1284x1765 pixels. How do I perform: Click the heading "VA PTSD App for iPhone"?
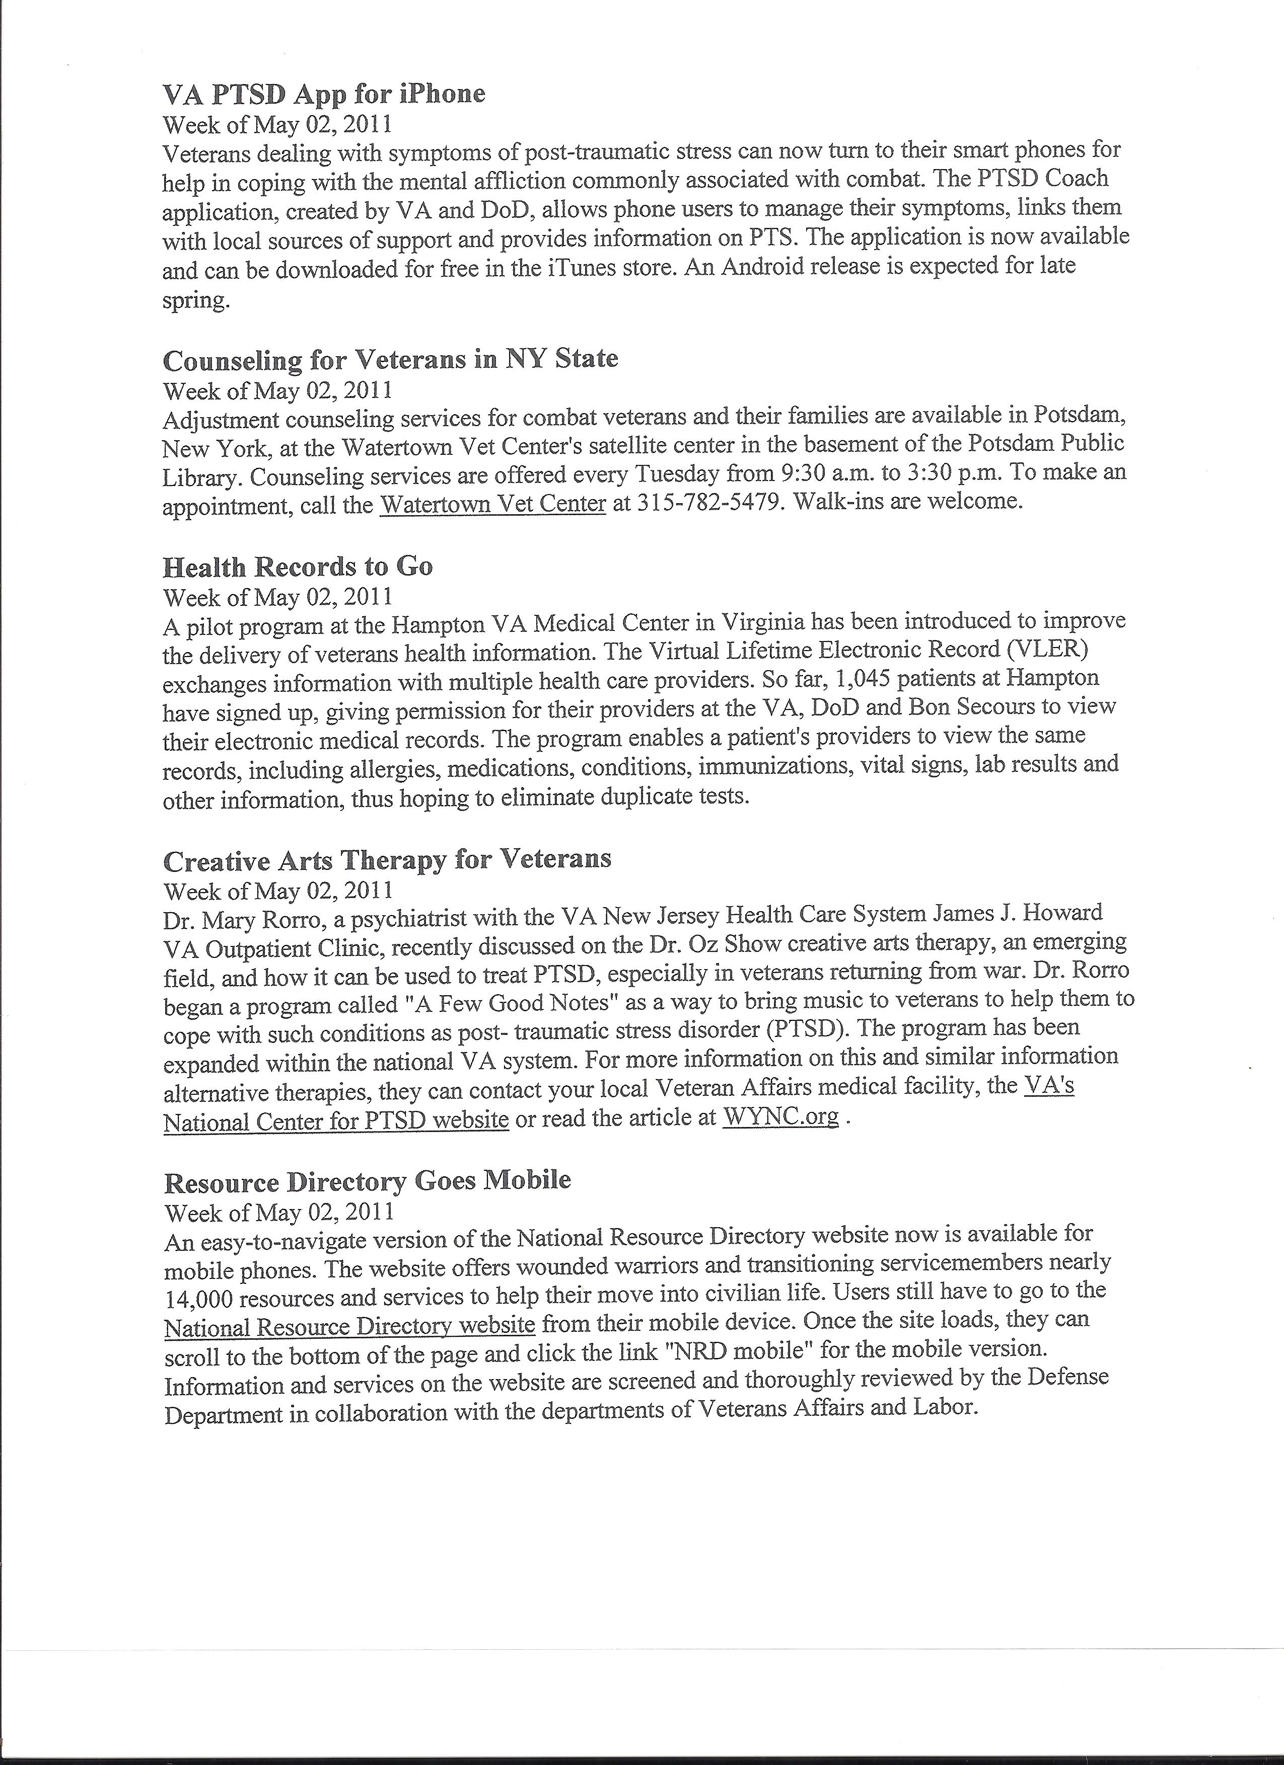323,94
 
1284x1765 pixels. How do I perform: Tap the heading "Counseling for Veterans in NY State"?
390,360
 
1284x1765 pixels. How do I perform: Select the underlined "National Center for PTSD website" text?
336,1120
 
